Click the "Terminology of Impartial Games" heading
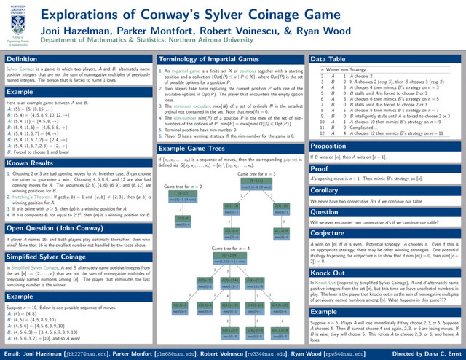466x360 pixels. click(210, 58)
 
